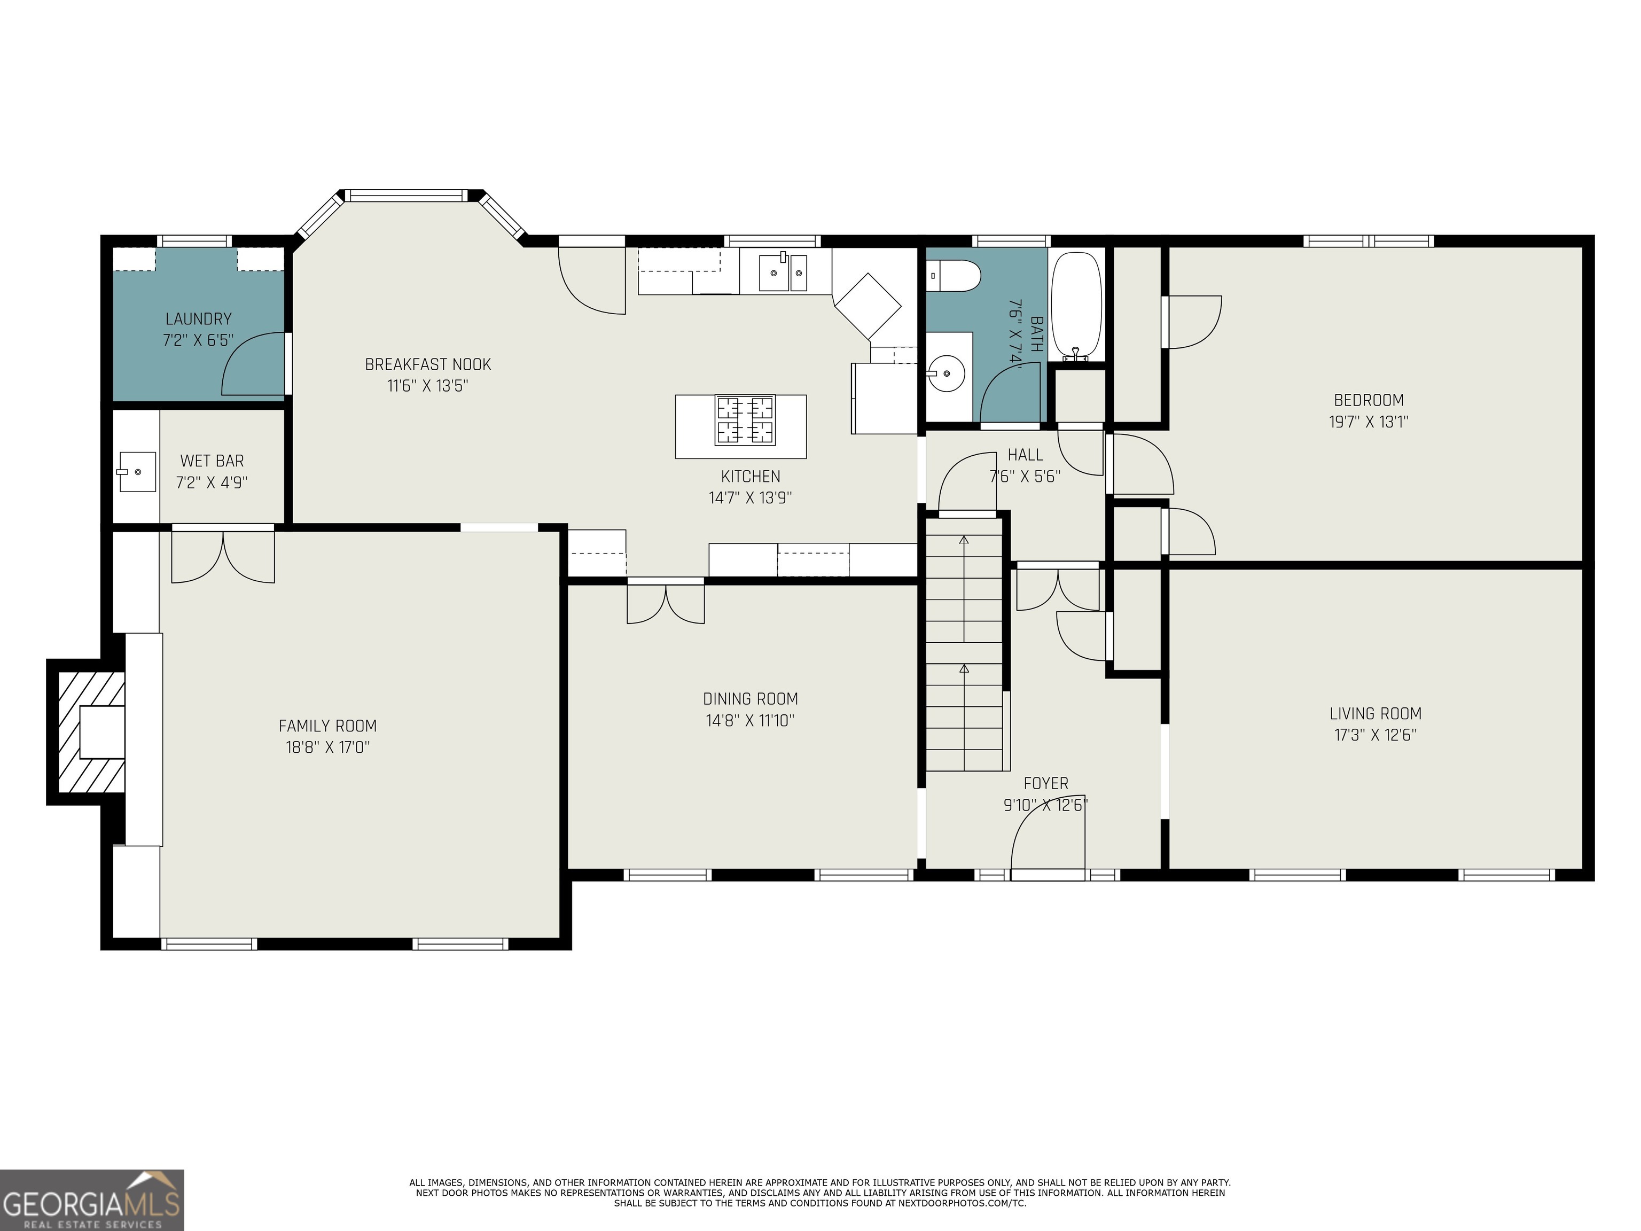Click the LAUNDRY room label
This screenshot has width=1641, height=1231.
tap(198, 319)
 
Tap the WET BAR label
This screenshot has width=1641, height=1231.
tap(212, 461)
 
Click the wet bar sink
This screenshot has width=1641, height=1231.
tap(137, 472)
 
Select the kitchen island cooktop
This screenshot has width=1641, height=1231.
tap(744, 420)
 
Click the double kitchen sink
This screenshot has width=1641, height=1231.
tap(784, 272)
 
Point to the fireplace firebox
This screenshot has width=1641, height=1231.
tap(101, 731)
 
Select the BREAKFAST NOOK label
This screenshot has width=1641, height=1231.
tap(428, 364)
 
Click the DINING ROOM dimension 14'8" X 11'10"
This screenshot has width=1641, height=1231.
tap(750, 720)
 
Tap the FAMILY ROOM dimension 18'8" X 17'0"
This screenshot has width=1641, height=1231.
tap(328, 746)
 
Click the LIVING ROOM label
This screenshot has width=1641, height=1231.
tap(1376, 714)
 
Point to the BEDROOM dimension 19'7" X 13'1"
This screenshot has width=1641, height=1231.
tap(1369, 422)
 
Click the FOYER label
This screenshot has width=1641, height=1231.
tap(1046, 784)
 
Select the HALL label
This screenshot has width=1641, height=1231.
tap(1025, 455)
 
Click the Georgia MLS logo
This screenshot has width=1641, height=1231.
tap(92, 1200)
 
